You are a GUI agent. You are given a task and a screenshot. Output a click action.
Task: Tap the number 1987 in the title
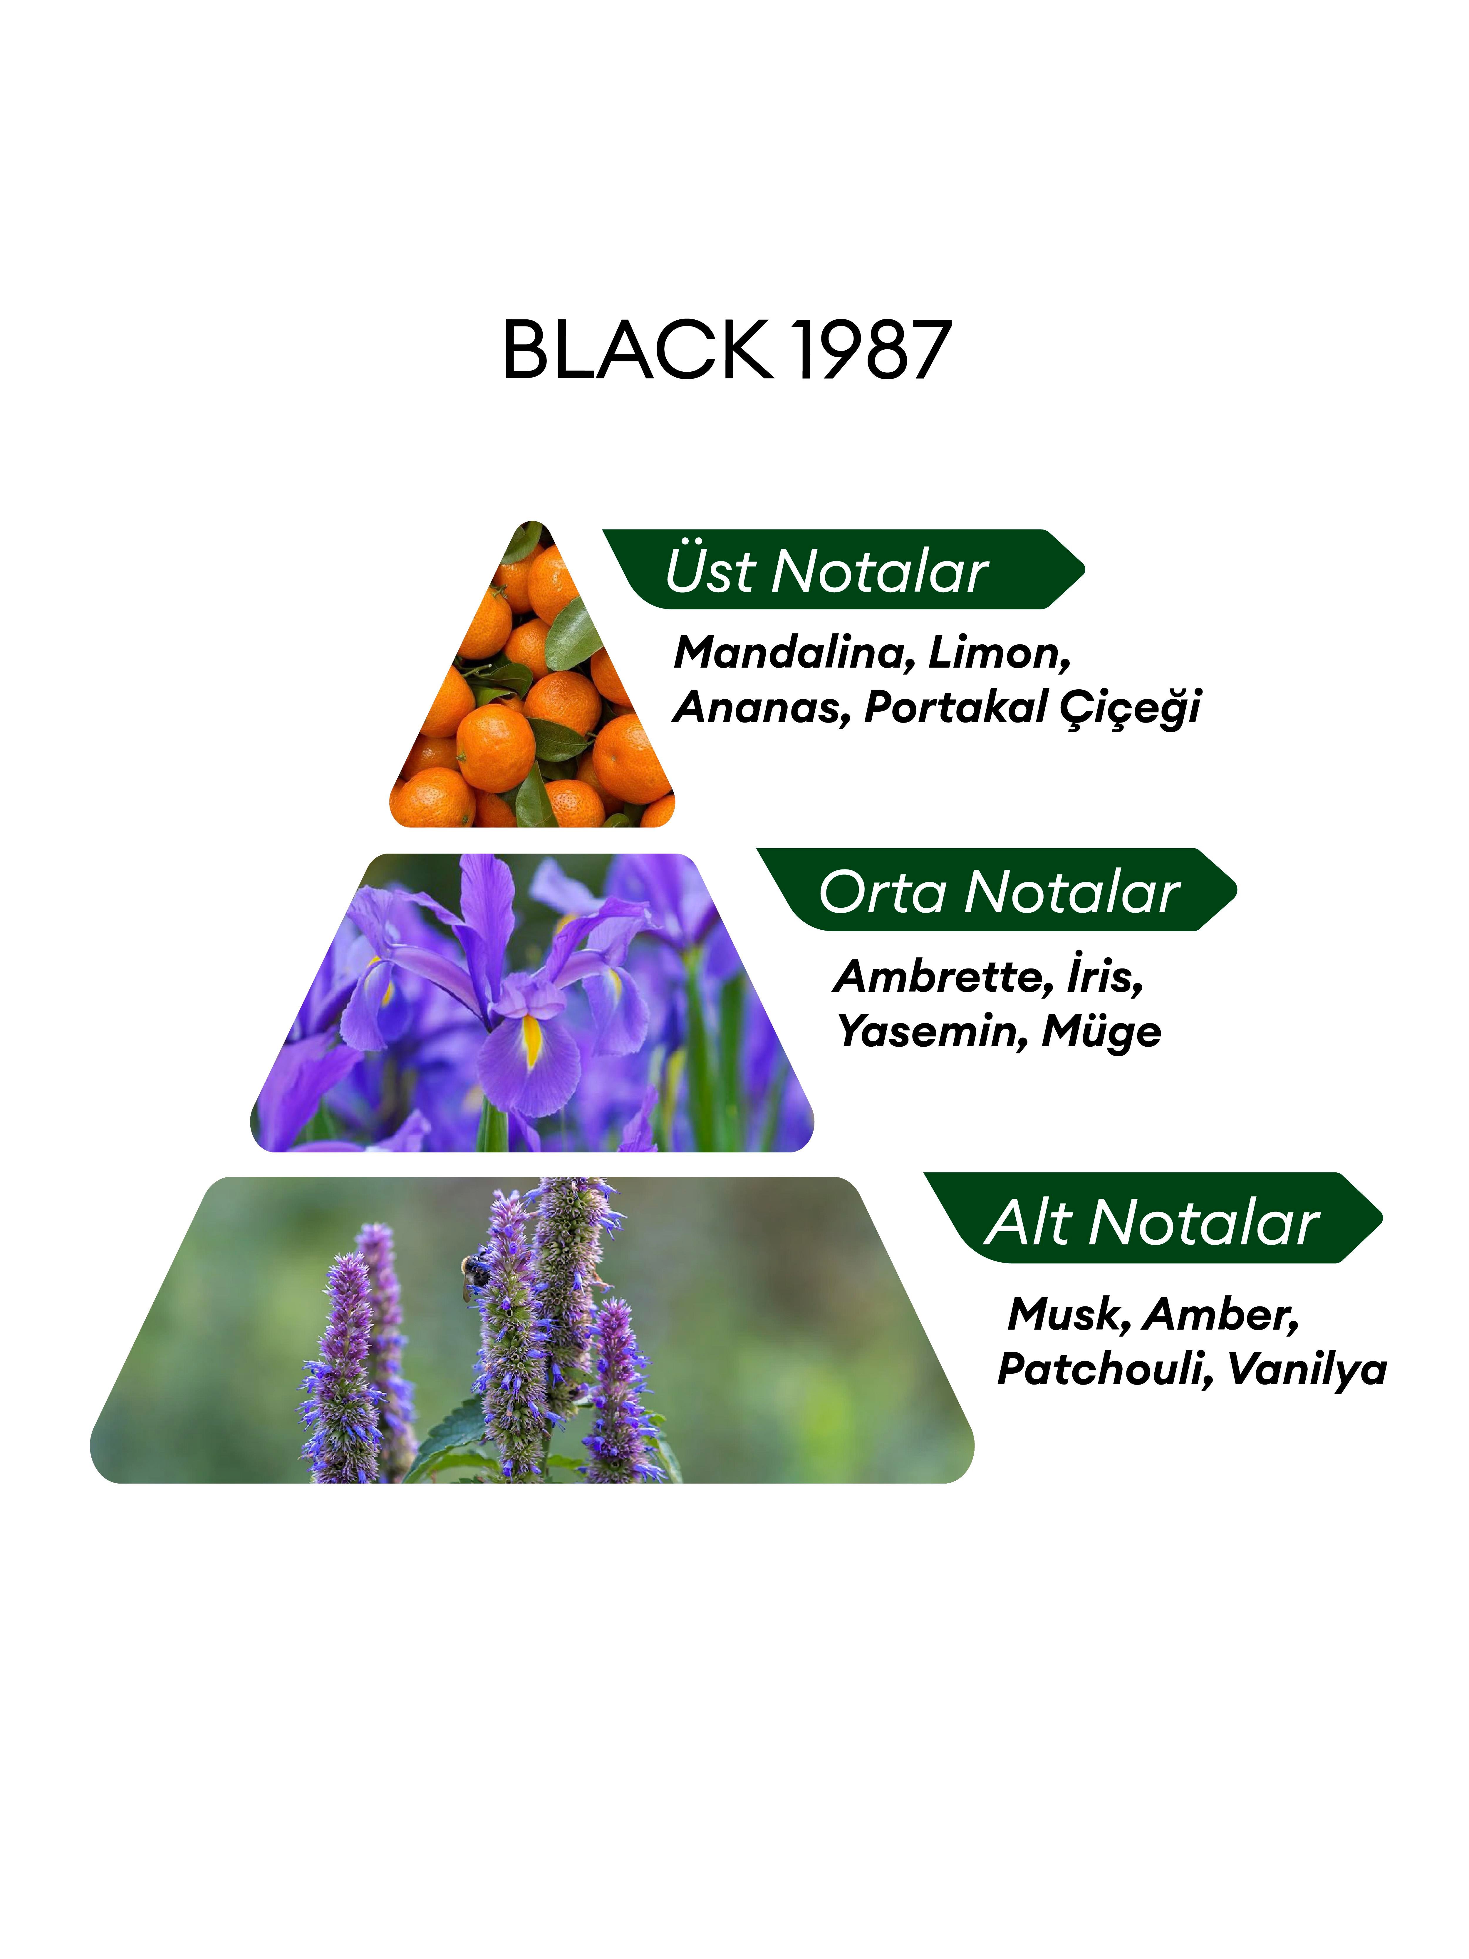(872, 350)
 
